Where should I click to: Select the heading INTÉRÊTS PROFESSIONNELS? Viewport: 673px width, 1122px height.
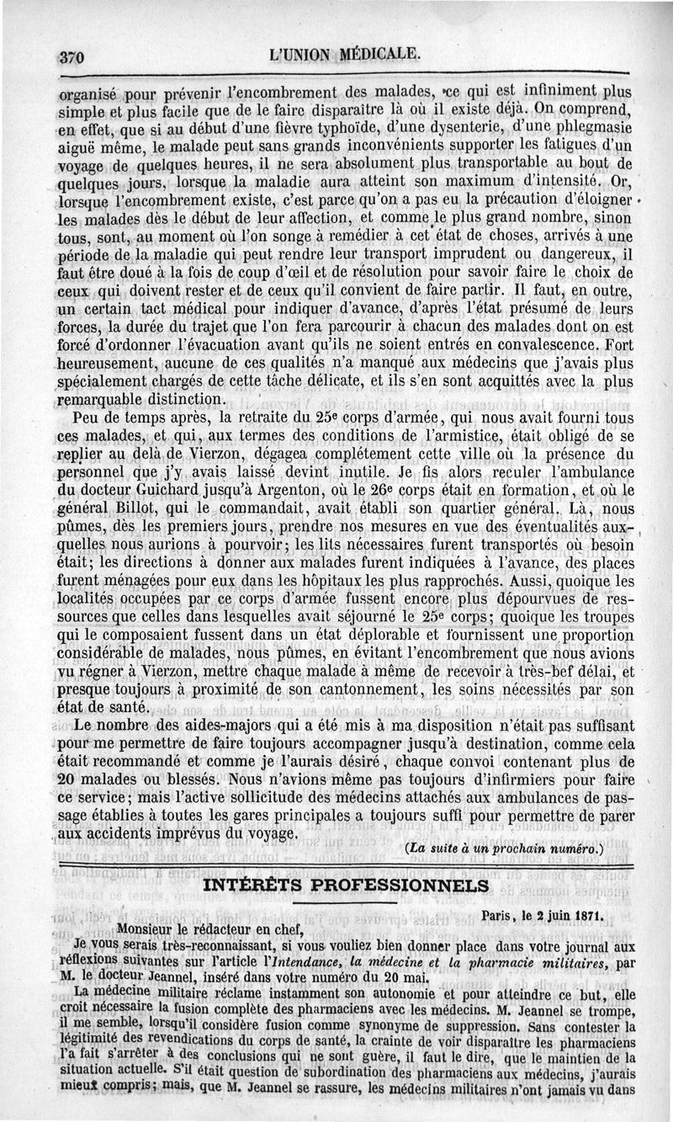click(x=345, y=885)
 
